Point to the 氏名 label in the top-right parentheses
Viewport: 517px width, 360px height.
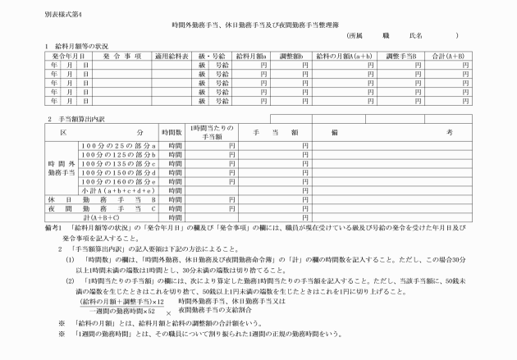(x=414, y=37)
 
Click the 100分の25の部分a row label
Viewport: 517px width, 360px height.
(x=118, y=145)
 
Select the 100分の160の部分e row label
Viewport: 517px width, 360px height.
(x=118, y=181)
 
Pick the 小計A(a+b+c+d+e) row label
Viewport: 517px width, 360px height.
(x=118, y=190)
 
